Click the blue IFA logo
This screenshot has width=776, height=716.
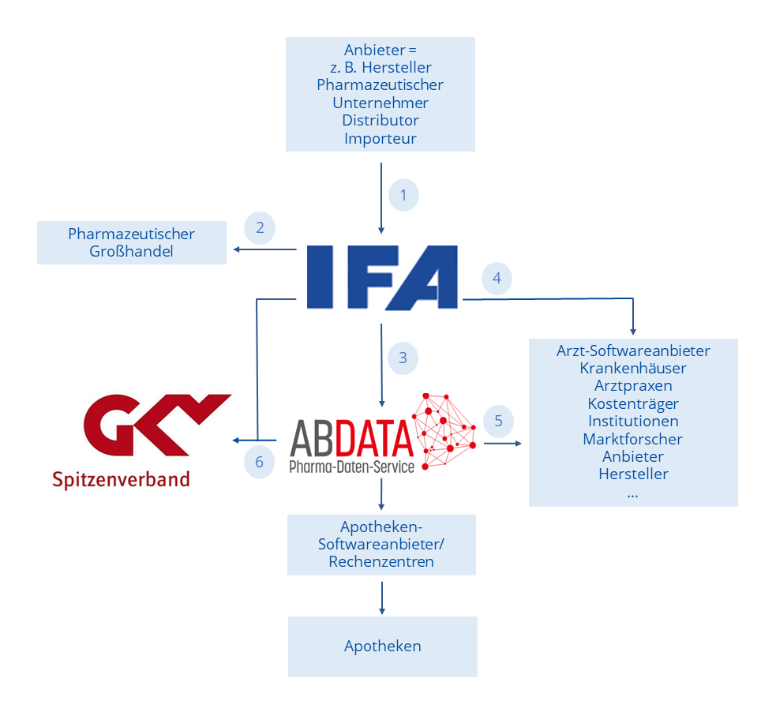tap(381, 277)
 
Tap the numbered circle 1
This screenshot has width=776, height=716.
tap(403, 195)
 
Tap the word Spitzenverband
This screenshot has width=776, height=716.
tap(121, 478)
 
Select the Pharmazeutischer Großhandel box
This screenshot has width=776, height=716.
tap(131, 243)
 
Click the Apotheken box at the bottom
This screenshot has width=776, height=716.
tap(382, 647)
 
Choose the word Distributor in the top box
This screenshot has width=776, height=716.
tap(381, 121)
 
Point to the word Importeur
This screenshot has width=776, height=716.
tap(381, 139)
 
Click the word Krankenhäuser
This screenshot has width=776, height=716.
tap(632, 368)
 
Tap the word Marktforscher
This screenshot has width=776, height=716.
tap(632, 439)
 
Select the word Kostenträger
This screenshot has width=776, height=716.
tap(632, 403)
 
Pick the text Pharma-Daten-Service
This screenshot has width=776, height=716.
tap(351, 467)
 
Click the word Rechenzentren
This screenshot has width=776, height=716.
tap(381, 562)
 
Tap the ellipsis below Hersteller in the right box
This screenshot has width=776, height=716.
tap(632, 493)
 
